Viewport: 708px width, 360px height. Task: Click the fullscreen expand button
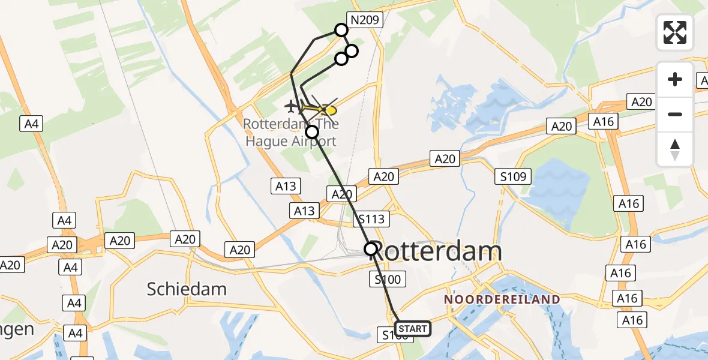coord(675,32)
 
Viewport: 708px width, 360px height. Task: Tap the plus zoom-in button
coord(675,79)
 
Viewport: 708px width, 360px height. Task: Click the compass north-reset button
coord(675,149)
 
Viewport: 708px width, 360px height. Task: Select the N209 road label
coord(365,20)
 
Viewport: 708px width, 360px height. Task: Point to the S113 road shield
coord(372,219)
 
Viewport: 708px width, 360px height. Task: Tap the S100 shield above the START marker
coord(388,279)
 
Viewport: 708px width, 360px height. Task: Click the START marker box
coord(413,328)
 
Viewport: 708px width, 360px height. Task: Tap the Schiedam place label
coord(187,289)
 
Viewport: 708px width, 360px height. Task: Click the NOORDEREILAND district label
coord(502,299)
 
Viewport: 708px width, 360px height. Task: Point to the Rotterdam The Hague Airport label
coord(291,133)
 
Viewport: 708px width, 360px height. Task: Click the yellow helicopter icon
coord(324,110)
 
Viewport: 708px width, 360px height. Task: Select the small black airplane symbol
coord(292,107)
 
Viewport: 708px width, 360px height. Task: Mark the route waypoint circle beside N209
coord(341,30)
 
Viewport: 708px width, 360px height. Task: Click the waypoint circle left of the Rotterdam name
coord(371,248)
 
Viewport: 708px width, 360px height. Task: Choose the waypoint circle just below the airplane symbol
coord(312,132)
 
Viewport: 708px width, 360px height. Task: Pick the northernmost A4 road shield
coord(31,124)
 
